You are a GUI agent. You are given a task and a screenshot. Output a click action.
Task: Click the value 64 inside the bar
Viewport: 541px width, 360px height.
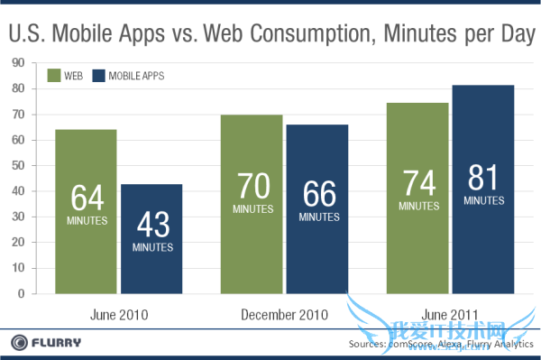[x=86, y=196]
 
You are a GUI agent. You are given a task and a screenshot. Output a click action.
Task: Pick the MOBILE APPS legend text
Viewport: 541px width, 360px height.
[x=137, y=76]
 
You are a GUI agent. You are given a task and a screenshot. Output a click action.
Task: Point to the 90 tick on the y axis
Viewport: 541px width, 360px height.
[x=17, y=62]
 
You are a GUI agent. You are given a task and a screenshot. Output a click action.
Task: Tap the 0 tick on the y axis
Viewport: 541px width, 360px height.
[x=20, y=293]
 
